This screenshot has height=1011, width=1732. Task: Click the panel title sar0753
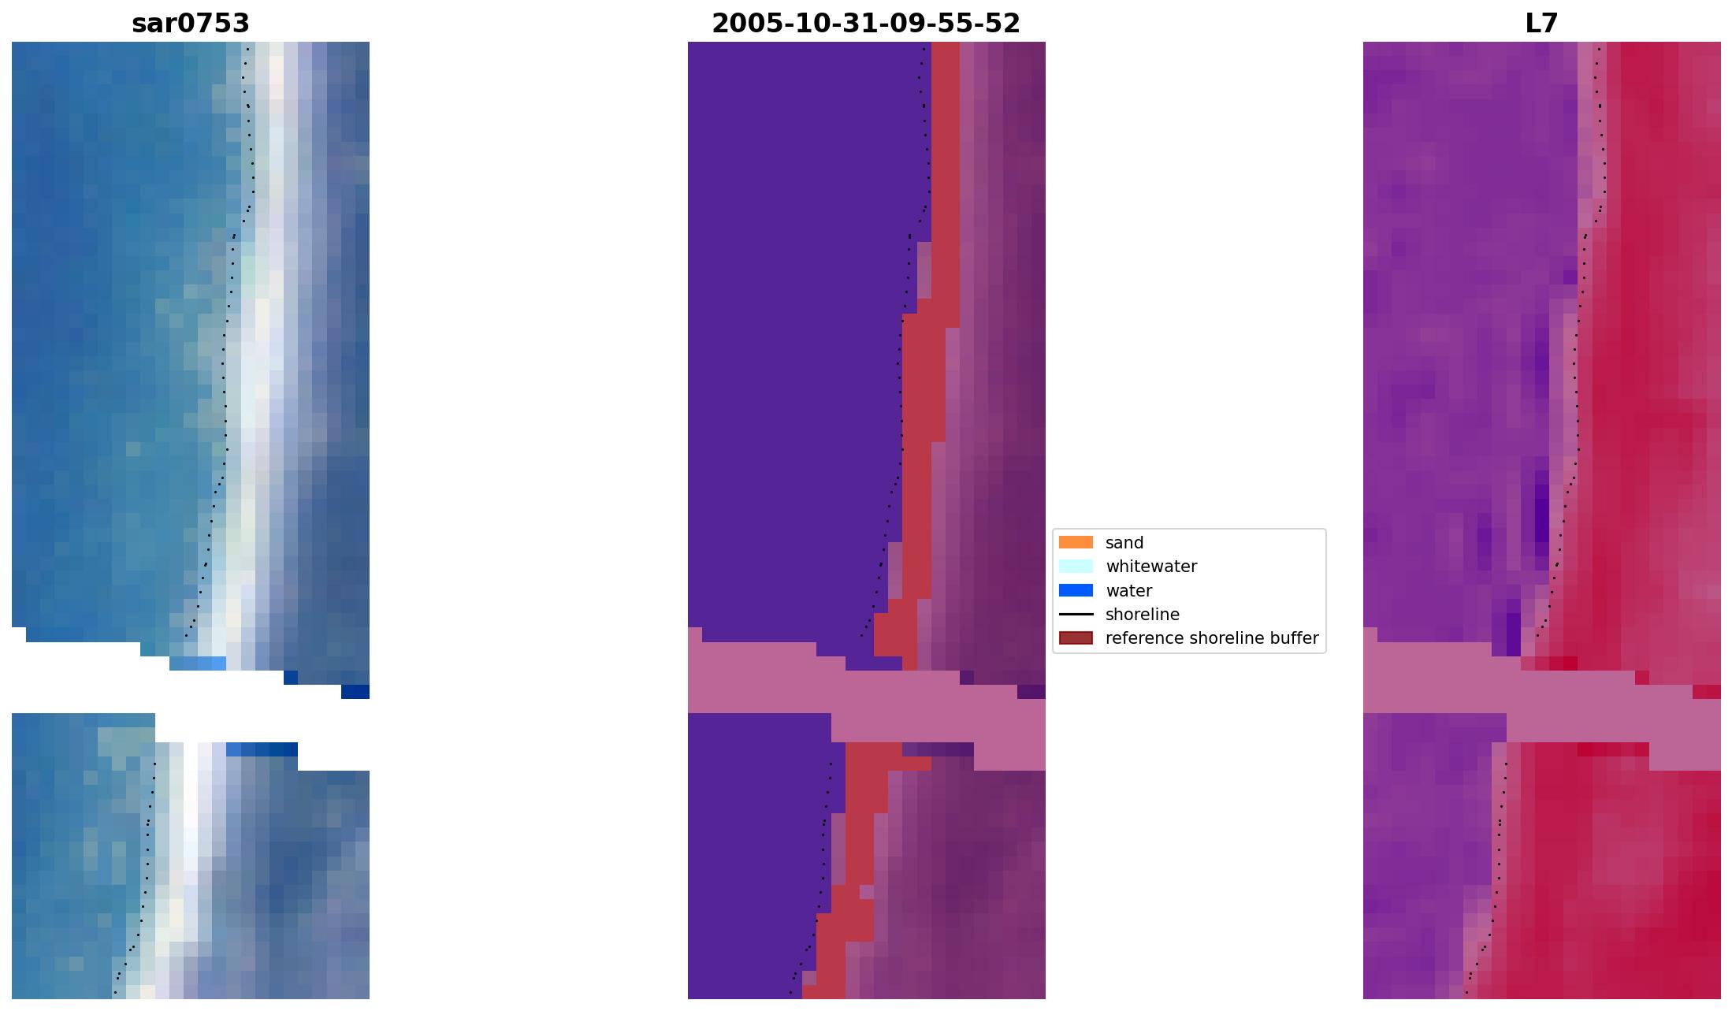click(191, 24)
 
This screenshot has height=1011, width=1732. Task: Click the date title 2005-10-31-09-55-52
click(866, 24)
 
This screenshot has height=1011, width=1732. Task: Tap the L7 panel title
click(1541, 24)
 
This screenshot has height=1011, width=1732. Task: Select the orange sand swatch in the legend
click(1076, 542)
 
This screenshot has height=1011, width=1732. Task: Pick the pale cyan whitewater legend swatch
click(1076, 567)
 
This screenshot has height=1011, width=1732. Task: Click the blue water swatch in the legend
click(1076, 590)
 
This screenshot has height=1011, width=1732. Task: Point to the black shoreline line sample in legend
click(1076, 615)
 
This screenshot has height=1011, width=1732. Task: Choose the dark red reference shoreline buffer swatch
click(1076, 638)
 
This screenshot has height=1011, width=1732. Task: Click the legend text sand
click(1124, 543)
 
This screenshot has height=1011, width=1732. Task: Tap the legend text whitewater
click(1151, 567)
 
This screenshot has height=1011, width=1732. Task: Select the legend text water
click(1128, 591)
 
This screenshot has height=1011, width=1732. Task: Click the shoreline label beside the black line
click(1142, 615)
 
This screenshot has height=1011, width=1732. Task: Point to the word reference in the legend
click(1138, 638)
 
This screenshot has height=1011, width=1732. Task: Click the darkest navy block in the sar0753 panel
click(355, 692)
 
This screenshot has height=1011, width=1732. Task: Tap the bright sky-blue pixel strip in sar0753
click(212, 663)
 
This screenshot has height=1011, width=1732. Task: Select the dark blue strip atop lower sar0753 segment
click(262, 749)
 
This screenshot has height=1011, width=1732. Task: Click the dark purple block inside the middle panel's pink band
click(1031, 692)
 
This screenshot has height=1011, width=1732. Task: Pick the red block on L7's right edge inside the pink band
click(1706, 692)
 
